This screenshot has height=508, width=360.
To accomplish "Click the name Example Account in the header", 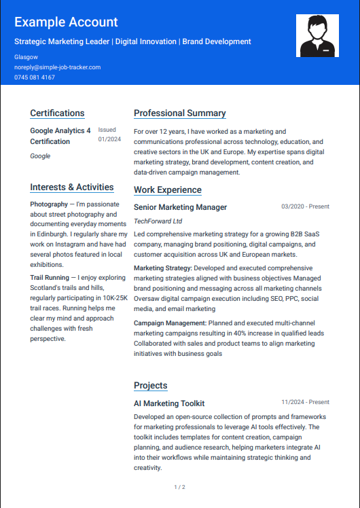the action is click(66, 22).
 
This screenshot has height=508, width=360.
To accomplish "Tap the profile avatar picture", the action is click(317, 35).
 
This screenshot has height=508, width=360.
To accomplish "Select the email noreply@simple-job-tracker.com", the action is click(57, 67).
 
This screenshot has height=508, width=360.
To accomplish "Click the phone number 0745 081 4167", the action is click(35, 77).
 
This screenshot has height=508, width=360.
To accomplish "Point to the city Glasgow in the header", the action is click(26, 57).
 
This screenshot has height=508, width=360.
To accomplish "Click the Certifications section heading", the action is click(57, 113).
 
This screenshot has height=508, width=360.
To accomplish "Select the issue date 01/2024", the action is click(109, 139).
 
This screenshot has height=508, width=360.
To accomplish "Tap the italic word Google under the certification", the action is click(40, 156).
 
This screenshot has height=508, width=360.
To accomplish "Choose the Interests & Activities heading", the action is click(72, 187).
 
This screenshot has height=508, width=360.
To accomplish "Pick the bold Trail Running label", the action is click(50, 278).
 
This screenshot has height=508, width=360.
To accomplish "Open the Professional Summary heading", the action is click(180, 113).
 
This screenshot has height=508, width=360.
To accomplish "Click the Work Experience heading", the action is click(168, 190).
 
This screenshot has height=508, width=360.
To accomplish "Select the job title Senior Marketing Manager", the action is click(181, 207).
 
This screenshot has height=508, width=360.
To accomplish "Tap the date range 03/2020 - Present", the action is click(305, 206).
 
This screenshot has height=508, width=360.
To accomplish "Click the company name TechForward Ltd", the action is click(158, 221).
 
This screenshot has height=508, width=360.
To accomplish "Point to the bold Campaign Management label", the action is click(170, 323).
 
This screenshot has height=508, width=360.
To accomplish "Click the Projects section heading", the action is click(151, 386).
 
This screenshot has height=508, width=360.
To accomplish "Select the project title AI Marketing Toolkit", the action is click(169, 403).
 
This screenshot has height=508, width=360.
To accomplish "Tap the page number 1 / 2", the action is click(180, 487).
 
